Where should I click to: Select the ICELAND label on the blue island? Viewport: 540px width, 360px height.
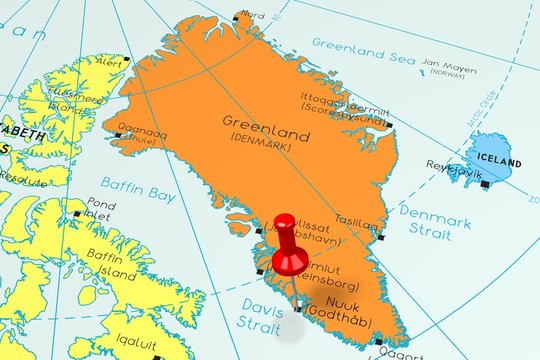coord(497,161)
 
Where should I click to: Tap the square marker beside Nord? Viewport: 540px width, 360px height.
coord(237,16)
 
